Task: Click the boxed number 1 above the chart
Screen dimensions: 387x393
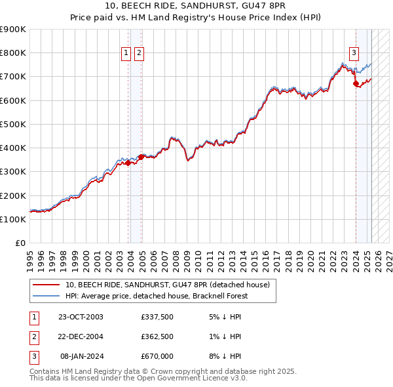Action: click(125, 54)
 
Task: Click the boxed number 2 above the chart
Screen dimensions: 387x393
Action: click(140, 54)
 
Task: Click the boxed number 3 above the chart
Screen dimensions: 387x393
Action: click(354, 54)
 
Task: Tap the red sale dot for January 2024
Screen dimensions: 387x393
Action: click(356, 84)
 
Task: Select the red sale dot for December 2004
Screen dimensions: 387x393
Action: click(141, 157)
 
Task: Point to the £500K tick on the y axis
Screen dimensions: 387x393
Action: click(14, 124)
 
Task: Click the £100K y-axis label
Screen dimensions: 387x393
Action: click(14, 219)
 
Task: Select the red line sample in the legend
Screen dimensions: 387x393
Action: click(46, 285)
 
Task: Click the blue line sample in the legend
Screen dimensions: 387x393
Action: click(46, 296)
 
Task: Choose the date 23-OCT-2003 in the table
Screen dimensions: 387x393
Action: click(81, 317)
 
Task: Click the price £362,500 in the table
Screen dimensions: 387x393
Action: click(157, 336)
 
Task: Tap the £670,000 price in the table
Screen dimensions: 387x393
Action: click(157, 356)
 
